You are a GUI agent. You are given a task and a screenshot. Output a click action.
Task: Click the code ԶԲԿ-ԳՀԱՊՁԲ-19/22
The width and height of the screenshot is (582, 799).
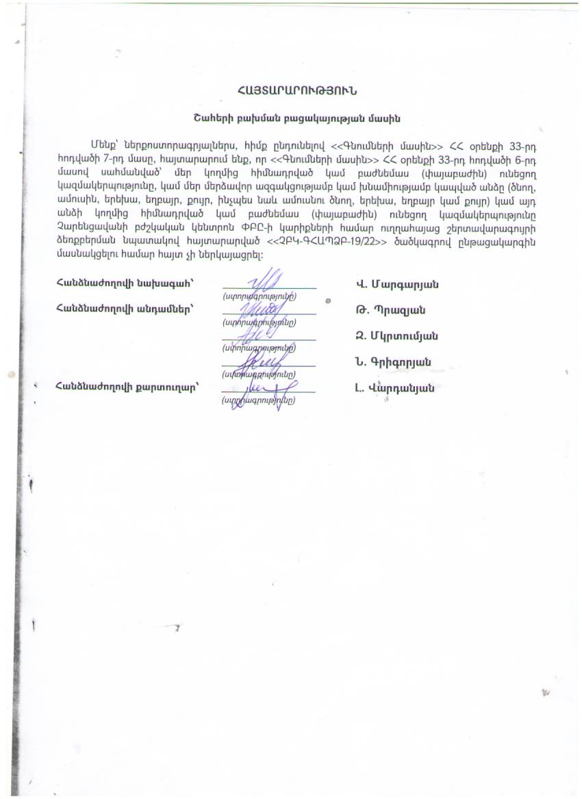(x=319, y=243)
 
